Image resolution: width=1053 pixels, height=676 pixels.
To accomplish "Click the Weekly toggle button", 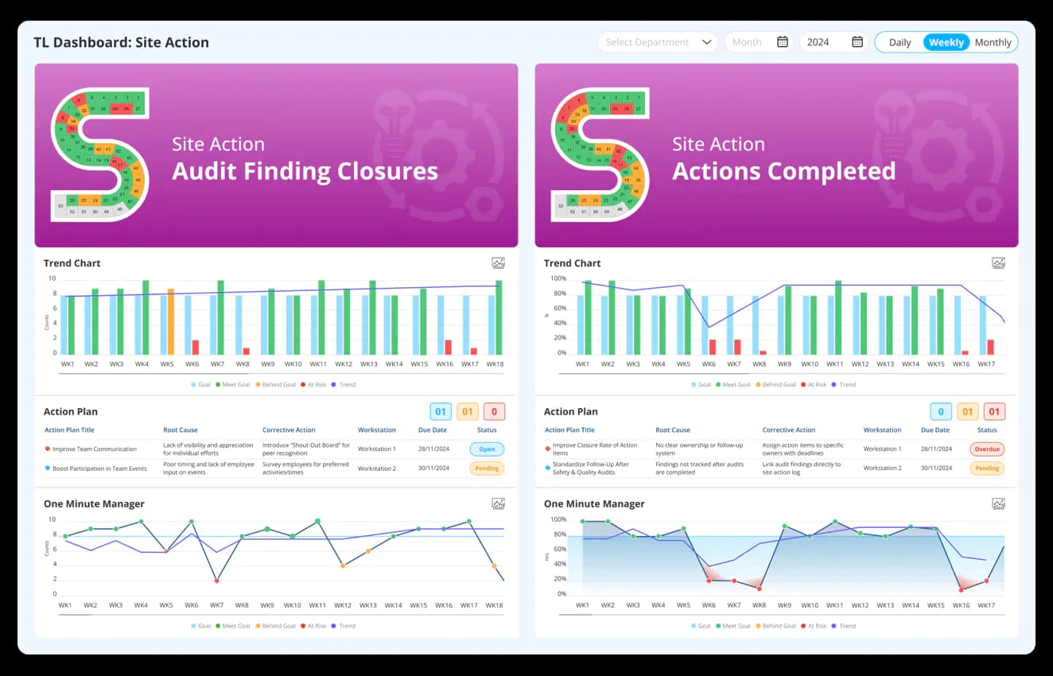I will coord(946,42).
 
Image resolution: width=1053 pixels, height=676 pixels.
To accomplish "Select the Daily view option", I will coord(900,42).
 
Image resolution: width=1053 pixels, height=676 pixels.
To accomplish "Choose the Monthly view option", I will coord(993,42).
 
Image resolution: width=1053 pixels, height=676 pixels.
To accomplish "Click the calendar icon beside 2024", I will coord(857,42).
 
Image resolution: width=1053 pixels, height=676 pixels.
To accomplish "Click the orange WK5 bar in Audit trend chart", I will coord(170,321).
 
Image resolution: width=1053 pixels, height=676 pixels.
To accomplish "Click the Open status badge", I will coord(487,449).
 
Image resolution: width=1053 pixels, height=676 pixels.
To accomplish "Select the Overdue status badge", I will coord(987,449).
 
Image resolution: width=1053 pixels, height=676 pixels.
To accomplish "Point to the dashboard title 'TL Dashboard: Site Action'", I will coord(121,43).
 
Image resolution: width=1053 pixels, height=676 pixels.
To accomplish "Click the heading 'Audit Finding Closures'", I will coord(305,171).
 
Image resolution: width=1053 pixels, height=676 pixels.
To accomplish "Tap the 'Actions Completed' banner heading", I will coord(783,171).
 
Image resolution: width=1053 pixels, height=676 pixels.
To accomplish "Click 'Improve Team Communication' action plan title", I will coord(95,449).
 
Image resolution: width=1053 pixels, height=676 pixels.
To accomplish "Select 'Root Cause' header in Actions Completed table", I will coord(673,430).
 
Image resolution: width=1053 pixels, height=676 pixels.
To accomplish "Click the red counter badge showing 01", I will coord(994,411).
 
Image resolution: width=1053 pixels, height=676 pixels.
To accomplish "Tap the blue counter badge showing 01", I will coord(441,411).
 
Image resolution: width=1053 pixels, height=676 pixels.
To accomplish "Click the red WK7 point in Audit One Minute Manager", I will coord(216,581).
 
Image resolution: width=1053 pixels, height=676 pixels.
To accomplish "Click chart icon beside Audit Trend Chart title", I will coord(499,263).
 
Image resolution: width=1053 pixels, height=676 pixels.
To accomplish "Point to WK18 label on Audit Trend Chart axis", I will coord(495,364).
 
